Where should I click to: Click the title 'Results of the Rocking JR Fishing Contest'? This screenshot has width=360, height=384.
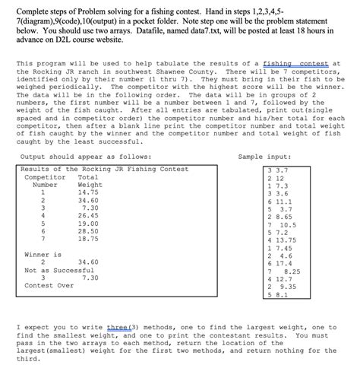tap(105, 169)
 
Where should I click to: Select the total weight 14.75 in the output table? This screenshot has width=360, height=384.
tap(90, 192)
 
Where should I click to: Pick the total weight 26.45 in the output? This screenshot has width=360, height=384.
tap(90, 215)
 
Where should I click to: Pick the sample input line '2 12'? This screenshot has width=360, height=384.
tap(275, 178)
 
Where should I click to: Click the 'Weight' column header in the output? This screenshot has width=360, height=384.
tap(90, 185)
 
